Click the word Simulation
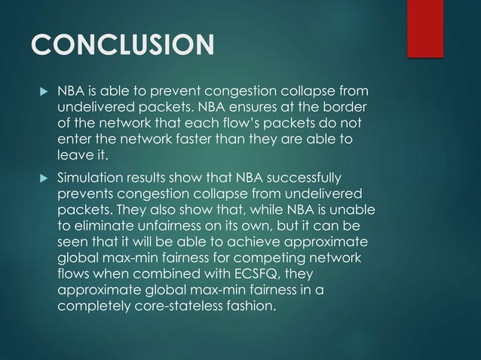pyautogui.click(x=91, y=178)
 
